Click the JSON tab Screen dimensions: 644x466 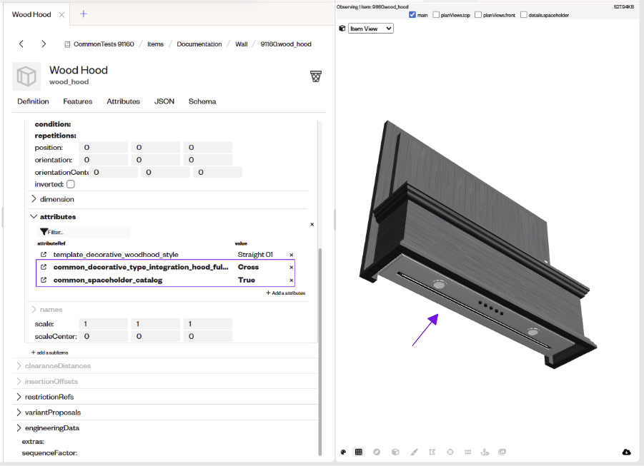point(164,101)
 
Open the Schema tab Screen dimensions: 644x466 point(202,101)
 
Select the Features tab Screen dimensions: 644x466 point(78,101)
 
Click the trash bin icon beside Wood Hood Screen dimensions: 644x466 point(316,76)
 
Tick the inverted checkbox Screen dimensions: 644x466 point(71,184)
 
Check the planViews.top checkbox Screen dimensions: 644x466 point(436,15)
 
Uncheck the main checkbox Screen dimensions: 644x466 point(412,15)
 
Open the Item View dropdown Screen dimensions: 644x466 point(371,29)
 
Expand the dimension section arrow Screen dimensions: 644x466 point(34,199)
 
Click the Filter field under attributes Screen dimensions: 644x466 point(85,232)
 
